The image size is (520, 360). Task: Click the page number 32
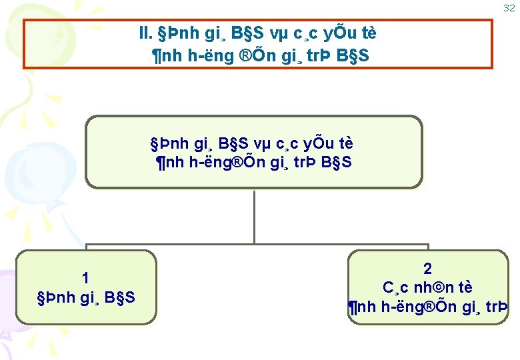tap(509, 8)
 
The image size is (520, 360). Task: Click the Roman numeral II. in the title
tap(144, 33)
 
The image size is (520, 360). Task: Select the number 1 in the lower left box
tap(85, 278)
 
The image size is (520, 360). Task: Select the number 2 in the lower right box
tap(427, 269)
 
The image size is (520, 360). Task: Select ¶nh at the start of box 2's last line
tap(362, 307)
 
